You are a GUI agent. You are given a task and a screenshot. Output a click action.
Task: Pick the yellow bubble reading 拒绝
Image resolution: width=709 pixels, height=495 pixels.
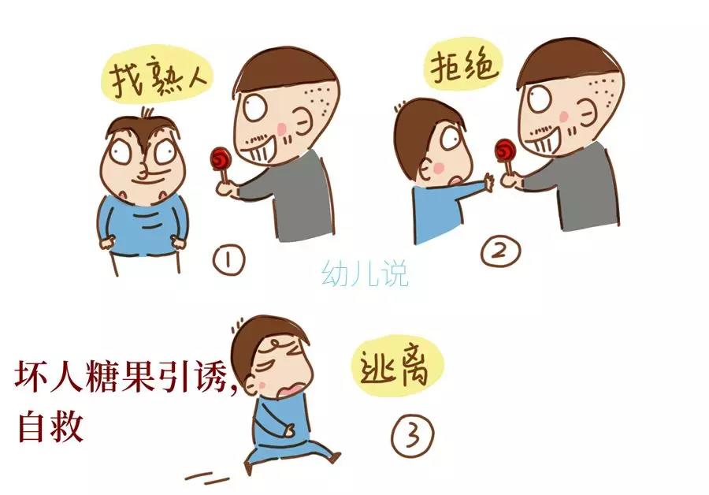pyautogui.click(x=464, y=69)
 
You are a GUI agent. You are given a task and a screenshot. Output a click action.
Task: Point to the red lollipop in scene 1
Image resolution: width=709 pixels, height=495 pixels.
pyautogui.click(x=218, y=160)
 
